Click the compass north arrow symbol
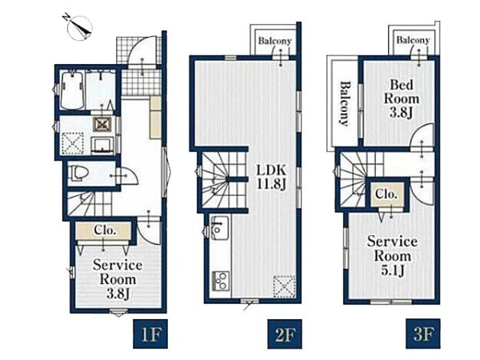click(x=79, y=27)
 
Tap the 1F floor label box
click(x=150, y=334)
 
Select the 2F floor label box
click(x=285, y=334)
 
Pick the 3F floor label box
click(x=423, y=334)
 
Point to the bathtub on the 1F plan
click(x=73, y=90)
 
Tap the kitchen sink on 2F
click(x=219, y=228)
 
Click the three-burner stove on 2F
click(x=220, y=280)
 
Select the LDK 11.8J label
click(x=271, y=177)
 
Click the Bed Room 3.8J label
click(x=402, y=98)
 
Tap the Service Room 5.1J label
click(x=393, y=256)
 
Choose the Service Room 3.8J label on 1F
click(x=118, y=279)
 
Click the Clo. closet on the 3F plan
click(x=386, y=194)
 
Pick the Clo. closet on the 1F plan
click(x=105, y=230)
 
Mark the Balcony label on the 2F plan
click(x=274, y=41)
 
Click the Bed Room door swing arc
click(x=422, y=137)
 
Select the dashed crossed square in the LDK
click(x=285, y=287)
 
